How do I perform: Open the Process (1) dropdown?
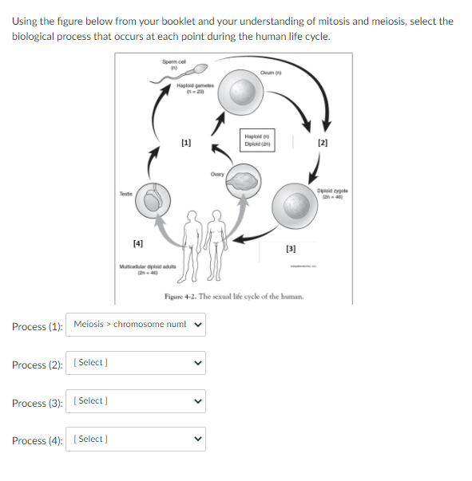point(137,324)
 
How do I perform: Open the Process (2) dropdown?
point(137,363)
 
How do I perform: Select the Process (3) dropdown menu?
point(137,401)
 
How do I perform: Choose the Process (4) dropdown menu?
point(137,440)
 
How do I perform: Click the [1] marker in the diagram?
point(186,144)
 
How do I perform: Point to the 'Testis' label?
point(125,192)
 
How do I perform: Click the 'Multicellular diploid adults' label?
point(141,267)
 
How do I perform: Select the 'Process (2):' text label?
point(37,365)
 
